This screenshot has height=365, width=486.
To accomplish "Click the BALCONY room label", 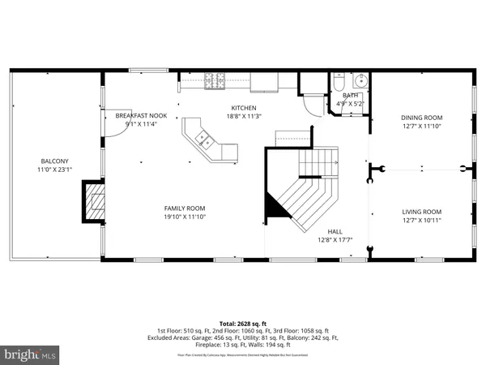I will click(55, 161).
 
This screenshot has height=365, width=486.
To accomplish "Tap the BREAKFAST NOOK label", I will click(141, 116).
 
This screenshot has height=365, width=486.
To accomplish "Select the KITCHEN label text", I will click(244, 108).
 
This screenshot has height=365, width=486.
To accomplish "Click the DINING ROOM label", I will click(422, 117).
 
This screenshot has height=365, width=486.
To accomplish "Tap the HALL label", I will click(334, 230).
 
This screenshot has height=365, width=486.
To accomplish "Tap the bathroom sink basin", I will click(360, 81).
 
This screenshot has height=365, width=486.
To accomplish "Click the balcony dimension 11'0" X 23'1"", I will click(55, 170).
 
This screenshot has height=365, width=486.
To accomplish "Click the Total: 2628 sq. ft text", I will click(243, 324).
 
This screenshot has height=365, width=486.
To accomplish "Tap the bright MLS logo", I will click(31, 354).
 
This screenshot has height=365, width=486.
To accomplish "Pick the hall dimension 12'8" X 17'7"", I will click(334, 239).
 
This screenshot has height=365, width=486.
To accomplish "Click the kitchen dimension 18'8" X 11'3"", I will click(244, 117).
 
